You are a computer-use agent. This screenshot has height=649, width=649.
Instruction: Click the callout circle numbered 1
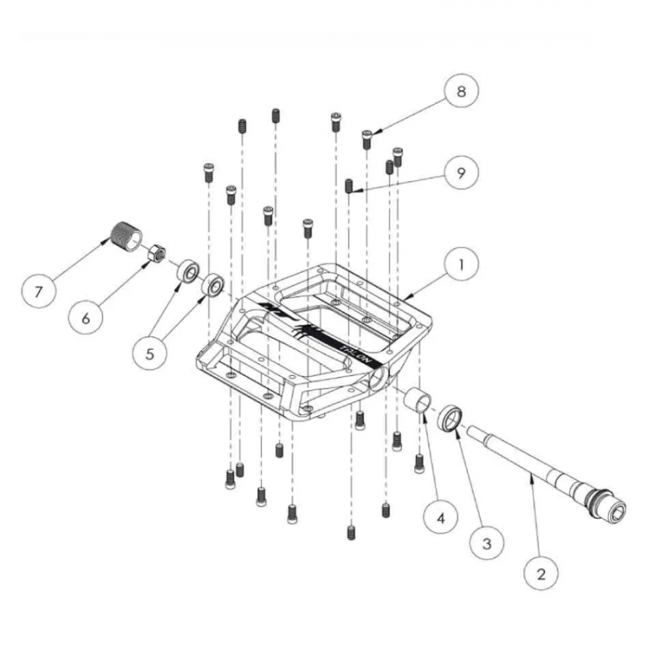pyautogui.click(x=462, y=265)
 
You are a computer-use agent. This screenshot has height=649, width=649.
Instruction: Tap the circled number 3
pyautogui.click(x=487, y=543)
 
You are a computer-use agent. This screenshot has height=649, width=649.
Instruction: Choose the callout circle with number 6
pyautogui.click(x=86, y=319)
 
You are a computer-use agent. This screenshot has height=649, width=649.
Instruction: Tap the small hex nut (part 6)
pyautogui.click(x=156, y=254)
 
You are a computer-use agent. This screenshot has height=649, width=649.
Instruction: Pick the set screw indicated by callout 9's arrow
pyautogui.click(x=349, y=186)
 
